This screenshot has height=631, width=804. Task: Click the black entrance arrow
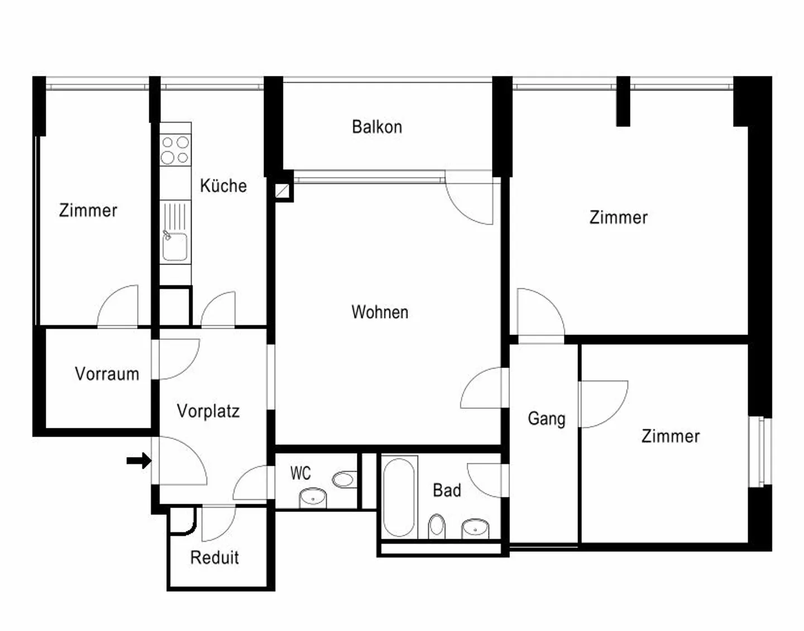[x=138, y=461]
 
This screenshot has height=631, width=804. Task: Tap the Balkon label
[x=377, y=127]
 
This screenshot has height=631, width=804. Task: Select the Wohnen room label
[x=380, y=312]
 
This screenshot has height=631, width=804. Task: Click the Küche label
[x=223, y=185]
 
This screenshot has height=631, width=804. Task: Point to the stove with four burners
[x=175, y=150]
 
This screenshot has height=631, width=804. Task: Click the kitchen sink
[x=175, y=246]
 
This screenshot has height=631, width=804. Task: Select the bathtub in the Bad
[x=399, y=497]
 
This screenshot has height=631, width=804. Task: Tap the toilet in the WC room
[x=343, y=479]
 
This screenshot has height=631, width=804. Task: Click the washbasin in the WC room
[x=313, y=496]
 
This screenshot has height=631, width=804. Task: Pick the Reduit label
[x=214, y=557]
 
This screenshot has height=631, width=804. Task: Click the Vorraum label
[x=107, y=374]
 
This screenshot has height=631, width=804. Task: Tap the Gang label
[x=546, y=418]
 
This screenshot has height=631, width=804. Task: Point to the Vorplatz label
[x=208, y=411]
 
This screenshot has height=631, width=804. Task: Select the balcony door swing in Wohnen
[x=470, y=198]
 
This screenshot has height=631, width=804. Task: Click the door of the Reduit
[x=218, y=524]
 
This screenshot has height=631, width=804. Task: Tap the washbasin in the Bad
[x=475, y=528]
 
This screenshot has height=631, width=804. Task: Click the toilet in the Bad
[x=437, y=526]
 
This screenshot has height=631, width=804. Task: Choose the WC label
[x=300, y=474]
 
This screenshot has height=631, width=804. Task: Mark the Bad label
[x=447, y=490]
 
